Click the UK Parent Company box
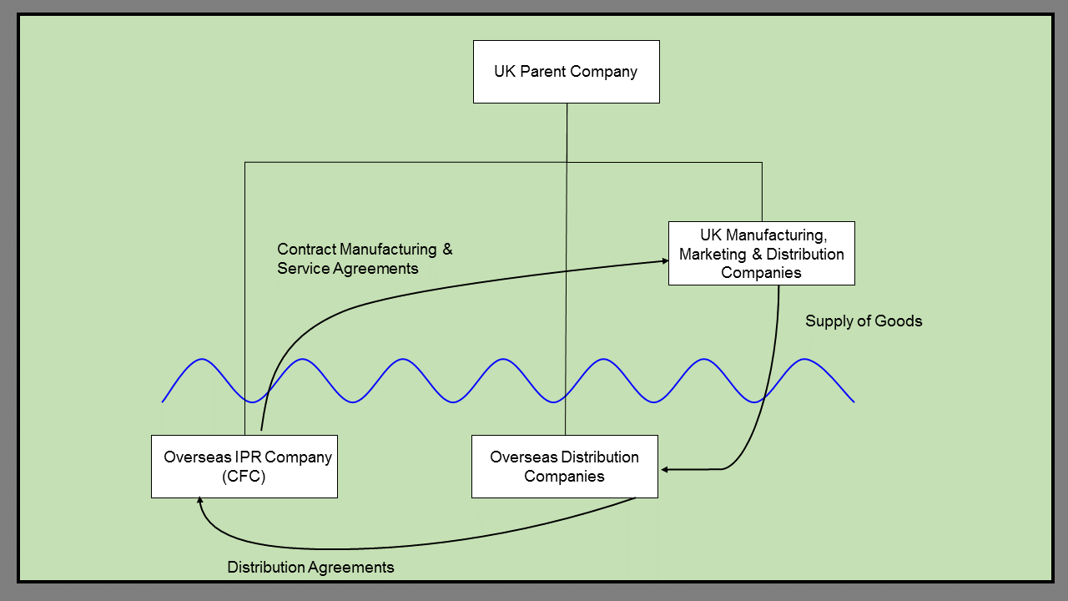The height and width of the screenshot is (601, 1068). pyautogui.click(x=566, y=72)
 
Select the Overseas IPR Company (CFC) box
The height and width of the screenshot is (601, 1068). pyautogui.click(x=244, y=467)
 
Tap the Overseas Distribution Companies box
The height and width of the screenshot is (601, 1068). pyautogui.click(x=564, y=467)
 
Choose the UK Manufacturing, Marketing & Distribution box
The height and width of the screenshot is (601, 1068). pyautogui.click(x=761, y=253)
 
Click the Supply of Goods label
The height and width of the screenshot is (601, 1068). pyautogui.click(x=864, y=321)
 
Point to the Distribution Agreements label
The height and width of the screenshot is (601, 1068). pyautogui.click(x=310, y=568)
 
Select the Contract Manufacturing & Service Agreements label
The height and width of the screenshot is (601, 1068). pyautogui.click(x=365, y=259)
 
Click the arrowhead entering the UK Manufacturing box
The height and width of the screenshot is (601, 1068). pyautogui.click(x=664, y=260)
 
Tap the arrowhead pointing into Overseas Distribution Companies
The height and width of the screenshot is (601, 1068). pyautogui.click(x=664, y=470)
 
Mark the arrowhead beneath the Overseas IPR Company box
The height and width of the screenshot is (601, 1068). pyautogui.click(x=200, y=501)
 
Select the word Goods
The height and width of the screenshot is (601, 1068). pyautogui.click(x=902, y=321)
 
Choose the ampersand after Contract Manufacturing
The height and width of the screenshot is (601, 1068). pyautogui.click(x=447, y=249)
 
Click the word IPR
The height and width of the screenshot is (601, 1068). pyautogui.click(x=240, y=457)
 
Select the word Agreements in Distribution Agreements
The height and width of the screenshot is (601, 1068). pyautogui.click(x=351, y=568)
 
